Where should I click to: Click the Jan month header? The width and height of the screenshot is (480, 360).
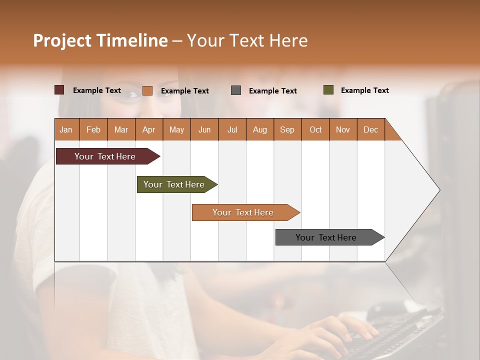coord(66,129)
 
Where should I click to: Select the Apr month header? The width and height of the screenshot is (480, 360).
coord(148,129)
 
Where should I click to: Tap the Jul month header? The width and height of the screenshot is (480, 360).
coord(232,129)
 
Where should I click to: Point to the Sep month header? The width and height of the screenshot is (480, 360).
coord(287,129)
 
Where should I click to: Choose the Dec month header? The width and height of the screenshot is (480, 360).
coord(370,129)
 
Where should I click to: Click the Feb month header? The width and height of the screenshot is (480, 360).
coord(93,129)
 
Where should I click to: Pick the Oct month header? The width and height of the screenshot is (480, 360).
coord(315,129)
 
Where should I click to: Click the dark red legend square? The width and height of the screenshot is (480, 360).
coord(59,90)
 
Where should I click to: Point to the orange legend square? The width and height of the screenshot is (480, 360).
coord(147,90)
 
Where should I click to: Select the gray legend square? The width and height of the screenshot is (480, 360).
coord(236,90)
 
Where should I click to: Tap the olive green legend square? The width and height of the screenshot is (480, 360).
coord(328,90)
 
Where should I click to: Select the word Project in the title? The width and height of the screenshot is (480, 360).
coord(61,40)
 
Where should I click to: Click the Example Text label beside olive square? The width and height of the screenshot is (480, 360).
coord(364,90)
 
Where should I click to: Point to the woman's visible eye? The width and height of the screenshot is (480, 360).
coord(133,94)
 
